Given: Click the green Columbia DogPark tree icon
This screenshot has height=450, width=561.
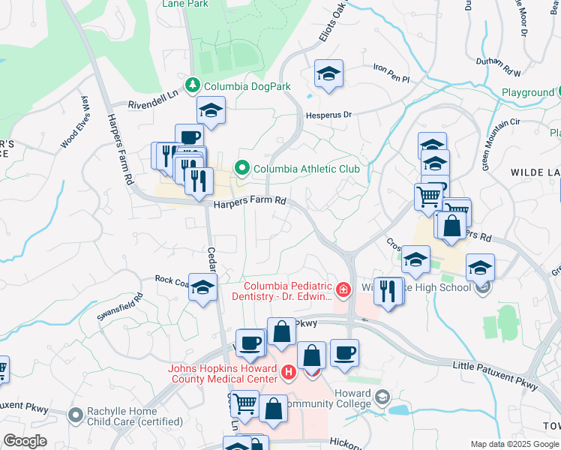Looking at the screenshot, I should coord(193,86).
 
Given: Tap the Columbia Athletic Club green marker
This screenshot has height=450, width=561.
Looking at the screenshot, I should coord(242,169).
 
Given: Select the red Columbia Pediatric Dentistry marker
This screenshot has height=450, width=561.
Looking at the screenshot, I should coord(343,289).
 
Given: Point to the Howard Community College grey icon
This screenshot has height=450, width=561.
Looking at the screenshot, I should coord(382,397).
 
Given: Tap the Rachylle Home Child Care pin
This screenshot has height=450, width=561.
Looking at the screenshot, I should coord(75,414).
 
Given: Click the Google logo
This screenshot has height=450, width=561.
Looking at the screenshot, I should coord(25,441).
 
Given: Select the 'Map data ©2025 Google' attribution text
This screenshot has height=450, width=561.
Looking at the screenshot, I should coord(514,444).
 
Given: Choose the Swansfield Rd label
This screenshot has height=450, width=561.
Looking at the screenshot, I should coord(118,307).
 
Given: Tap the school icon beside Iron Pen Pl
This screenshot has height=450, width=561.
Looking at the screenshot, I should coord(328,73).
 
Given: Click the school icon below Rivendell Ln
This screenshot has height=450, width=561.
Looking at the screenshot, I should coord(211,109).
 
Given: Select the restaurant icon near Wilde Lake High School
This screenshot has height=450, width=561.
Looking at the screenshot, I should coord(388,290).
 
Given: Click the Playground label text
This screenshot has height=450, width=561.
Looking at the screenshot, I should coord(527,92).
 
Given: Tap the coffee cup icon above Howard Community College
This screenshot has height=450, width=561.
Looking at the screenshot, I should coord(344,352).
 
